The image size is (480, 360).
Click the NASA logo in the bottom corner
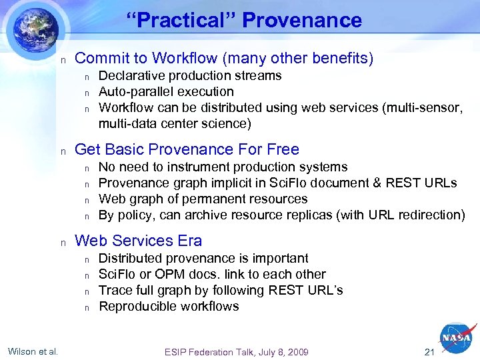[x=456, y=338]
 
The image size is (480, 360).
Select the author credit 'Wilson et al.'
[x=33, y=351]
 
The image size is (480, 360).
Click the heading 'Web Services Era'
[x=138, y=241]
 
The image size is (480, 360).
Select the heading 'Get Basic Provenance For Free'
[x=187, y=149]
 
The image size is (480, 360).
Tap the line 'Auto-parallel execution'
[x=166, y=91]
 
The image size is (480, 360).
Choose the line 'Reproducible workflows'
[x=169, y=306]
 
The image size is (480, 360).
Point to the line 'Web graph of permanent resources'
[x=203, y=199]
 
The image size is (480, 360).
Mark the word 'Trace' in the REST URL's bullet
[x=115, y=290]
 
